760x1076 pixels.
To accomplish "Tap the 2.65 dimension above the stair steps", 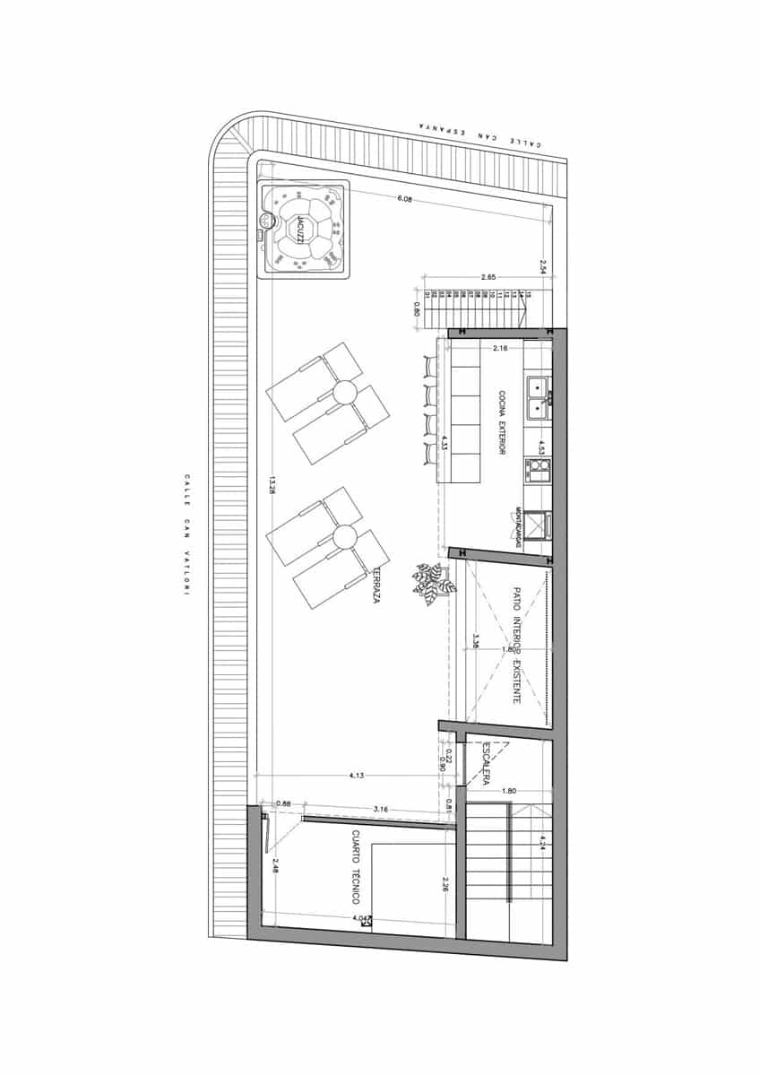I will (x=488, y=278).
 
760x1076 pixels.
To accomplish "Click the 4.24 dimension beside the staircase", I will (x=542, y=842).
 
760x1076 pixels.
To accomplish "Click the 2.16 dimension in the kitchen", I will (x=500, y=346).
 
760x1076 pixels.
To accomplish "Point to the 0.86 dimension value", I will (x=283, y=803).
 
